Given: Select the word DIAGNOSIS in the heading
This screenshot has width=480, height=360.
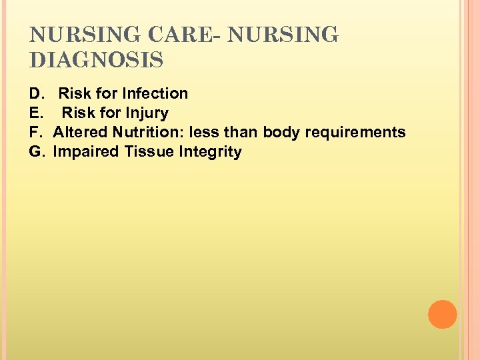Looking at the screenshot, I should tap(97, 61).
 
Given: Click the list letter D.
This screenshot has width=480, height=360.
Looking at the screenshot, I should tap(35, 93).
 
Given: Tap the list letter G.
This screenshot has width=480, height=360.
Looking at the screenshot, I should tap(36, 151).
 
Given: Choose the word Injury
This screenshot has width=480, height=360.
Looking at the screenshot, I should tap(145, 113).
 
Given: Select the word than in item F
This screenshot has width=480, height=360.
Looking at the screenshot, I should tap(239, 132).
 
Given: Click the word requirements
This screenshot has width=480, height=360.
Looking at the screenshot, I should tap(355, 132).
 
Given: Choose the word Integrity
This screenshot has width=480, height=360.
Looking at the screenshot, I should tap(210, 152).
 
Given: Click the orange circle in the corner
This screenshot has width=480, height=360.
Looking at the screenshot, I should tap(442, 315).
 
